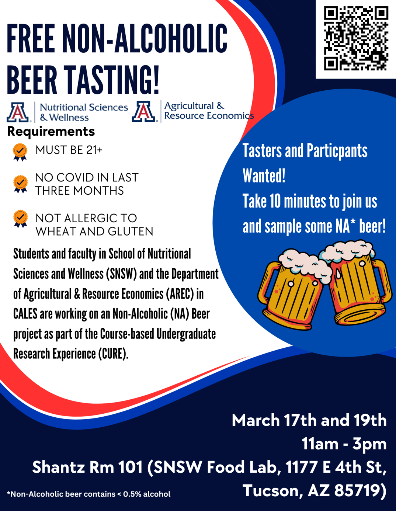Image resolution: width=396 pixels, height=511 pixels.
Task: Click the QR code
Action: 356,39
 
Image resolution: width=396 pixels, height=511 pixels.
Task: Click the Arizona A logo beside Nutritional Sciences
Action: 18,112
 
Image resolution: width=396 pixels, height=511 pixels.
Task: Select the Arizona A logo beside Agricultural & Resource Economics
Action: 144,111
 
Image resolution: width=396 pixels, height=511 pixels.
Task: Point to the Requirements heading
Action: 51,132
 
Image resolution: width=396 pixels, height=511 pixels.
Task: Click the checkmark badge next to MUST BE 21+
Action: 20,152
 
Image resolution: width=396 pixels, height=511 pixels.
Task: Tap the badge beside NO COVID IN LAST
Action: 20,184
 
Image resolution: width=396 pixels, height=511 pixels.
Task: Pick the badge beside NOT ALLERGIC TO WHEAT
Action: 20,219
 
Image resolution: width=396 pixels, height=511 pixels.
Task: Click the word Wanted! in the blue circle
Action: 264,175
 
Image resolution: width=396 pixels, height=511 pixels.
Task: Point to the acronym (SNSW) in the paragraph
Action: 121,274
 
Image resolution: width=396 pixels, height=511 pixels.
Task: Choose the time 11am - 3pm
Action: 344,444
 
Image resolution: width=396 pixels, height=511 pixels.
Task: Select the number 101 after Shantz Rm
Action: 130,467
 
